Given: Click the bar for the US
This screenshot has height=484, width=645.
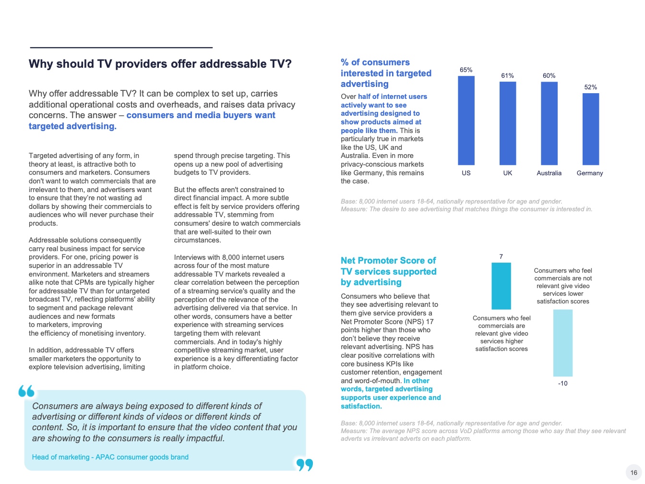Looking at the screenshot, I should tap(466, 121).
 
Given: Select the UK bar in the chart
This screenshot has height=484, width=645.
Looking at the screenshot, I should tap(508, 123).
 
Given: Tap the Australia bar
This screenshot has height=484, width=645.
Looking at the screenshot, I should tap(549, 124).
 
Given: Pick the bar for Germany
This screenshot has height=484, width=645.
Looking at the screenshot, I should tap(590, 129).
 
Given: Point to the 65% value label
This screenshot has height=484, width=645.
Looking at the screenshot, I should tap(466, 70).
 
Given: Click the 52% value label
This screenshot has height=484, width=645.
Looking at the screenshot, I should tap(590, 87).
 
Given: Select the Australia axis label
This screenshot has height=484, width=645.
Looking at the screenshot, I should tap(549, 173).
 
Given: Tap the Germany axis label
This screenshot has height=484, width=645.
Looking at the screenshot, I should tap(590, 173).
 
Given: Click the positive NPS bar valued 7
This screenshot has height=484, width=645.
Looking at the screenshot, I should tap(501, 286).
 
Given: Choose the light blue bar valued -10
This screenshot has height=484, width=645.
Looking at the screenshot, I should tap(563, 343).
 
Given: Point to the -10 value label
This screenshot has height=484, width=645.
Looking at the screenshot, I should tap(563, 383).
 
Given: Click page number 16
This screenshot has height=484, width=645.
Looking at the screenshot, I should tap(633, 472).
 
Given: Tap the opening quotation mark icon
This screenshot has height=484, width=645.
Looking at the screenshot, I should tap(27, 391).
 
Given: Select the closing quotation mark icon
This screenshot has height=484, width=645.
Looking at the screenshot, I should tap(304, 464).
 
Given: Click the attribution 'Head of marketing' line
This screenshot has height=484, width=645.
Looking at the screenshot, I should tap(110, 457).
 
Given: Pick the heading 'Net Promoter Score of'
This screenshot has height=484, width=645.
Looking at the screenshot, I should tap(388, 261).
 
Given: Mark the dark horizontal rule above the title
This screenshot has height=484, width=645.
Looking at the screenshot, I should tap(121, 48).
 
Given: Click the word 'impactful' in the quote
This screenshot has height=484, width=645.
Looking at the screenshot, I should tap(204, 438).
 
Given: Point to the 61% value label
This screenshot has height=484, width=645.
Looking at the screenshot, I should tap(508, 75).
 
